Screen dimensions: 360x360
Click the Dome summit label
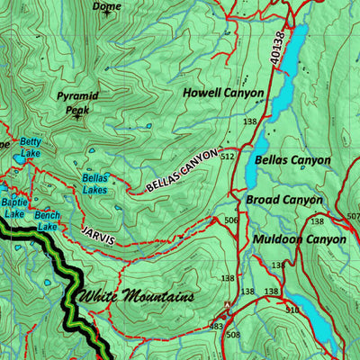tap(107, 5)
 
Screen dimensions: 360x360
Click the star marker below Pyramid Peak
tap(77, 116)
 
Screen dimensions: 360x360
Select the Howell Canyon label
tap(223, 93)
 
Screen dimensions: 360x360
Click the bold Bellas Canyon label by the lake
tap(292, 160)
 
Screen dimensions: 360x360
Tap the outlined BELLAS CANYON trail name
tap(182, 170)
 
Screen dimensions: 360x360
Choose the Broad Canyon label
tap(284, 200)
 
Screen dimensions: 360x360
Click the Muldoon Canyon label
tap(299, 239)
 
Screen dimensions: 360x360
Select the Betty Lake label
tap(31, 148)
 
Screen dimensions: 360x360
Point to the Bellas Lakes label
tap(95, 184)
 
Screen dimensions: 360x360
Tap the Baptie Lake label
tap(13, 208)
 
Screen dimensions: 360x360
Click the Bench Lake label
tap(48, 220)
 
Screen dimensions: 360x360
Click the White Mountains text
tap(136, 296)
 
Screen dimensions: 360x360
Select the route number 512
tap(227, 157)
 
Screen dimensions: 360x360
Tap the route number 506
tap(231, 220)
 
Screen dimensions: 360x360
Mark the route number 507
tap(352, 216)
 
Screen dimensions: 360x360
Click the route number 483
tap(216, 326)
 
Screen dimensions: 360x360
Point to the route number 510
tap(292, 310)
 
